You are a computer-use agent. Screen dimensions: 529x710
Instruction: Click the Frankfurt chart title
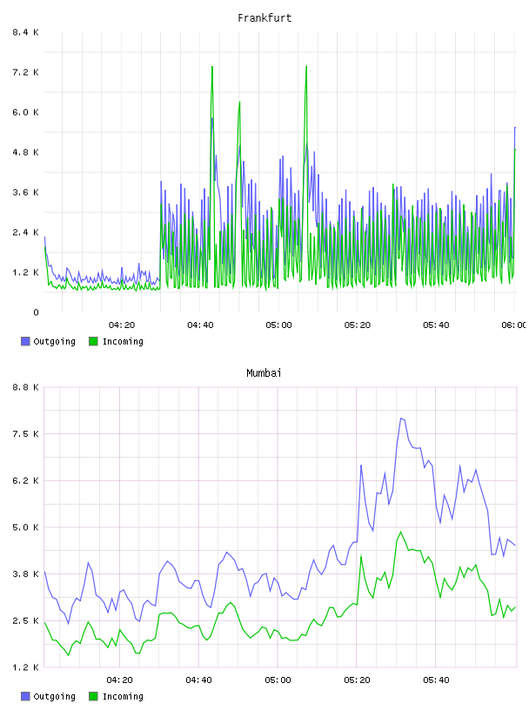[264, 18]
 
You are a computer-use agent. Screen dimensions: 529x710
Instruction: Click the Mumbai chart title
[264, 373]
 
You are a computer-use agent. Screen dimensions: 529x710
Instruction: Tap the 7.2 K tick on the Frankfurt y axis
[25, 72]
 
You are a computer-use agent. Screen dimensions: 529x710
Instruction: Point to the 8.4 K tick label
[25, 32]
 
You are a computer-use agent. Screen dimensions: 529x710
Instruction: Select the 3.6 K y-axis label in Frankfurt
[25, 192]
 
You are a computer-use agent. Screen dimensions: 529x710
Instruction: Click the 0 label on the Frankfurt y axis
[36, 312]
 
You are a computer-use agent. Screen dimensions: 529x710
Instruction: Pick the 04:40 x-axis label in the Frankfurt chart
[200, 325]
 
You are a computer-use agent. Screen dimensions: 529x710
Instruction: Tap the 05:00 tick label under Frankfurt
[278, 325]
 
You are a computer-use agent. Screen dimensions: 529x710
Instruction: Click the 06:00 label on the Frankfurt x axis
[514, 325]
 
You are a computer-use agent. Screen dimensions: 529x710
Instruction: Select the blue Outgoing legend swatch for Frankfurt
[25, 341]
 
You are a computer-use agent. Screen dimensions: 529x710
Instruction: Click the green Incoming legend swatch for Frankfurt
[93, 341]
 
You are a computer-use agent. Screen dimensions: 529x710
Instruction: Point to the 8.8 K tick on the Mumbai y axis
[25, 387]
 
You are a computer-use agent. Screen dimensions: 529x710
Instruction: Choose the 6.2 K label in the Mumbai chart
[25, 481]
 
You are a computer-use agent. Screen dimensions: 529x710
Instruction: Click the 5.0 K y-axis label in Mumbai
[25, 527]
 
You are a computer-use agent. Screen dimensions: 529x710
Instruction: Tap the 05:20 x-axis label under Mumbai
[357, 680]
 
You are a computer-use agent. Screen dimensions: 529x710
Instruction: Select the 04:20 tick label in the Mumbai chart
[119, 680]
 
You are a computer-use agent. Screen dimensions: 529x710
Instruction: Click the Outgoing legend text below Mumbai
[54, 696]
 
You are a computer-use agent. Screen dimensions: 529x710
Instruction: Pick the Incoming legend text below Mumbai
[123, 696]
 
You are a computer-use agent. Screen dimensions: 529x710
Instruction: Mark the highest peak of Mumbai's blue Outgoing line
[401, 418]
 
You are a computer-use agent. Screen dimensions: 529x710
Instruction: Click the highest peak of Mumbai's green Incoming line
[400, 532]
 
